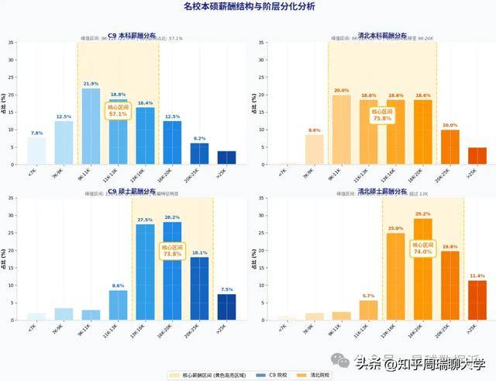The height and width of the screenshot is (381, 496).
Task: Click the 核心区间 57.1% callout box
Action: (118, 110)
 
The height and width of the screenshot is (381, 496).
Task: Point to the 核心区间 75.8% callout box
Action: (381, 115)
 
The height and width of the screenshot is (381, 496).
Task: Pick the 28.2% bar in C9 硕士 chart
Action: (172, 271)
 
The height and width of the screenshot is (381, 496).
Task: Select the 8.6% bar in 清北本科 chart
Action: (314, 150)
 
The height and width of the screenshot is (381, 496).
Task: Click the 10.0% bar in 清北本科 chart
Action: (449, 147)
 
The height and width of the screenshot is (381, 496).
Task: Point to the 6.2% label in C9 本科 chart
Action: (199, 138)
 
